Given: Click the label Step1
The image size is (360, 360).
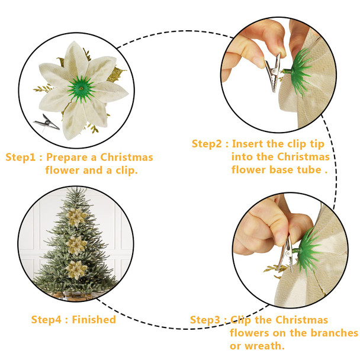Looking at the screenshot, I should point(22,157).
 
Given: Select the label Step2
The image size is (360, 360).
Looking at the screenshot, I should point(209,144).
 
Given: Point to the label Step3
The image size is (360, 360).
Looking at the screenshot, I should point(207,320).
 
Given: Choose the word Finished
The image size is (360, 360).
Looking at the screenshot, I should point(94,320).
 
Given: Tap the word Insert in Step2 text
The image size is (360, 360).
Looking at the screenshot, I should point(249,144).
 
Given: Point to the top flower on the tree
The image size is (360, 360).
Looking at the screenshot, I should point(76,217).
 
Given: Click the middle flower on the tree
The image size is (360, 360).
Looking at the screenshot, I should point(75,243).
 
